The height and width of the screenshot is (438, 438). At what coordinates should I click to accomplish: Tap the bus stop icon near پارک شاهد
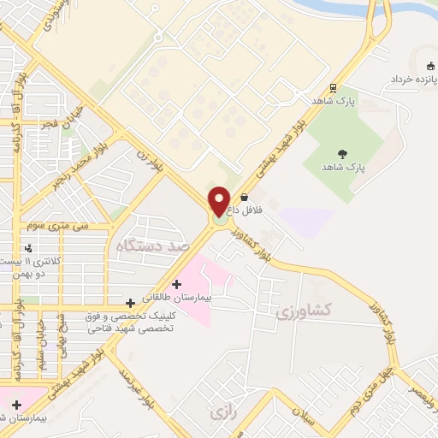332,86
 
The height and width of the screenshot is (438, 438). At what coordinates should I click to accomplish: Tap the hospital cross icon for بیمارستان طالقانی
176,284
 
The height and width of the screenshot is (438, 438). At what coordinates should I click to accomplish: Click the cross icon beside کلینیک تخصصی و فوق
130,302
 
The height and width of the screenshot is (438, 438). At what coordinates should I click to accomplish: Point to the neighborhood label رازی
221,413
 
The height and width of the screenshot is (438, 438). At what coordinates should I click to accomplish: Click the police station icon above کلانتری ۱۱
29,248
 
